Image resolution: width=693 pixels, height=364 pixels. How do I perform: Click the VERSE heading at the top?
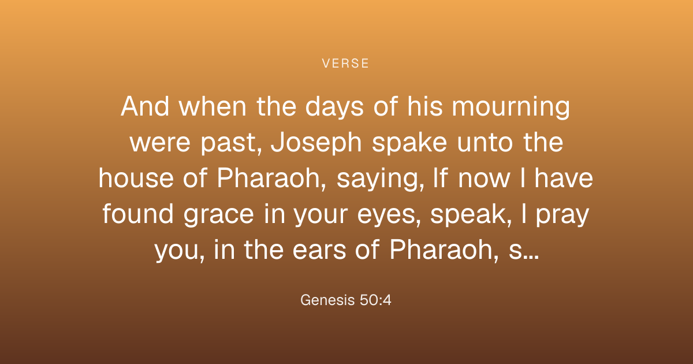click(345, 64)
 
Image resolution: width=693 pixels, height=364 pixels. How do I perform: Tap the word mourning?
click(511, 107)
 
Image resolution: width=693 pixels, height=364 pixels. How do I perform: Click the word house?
click(136, 178)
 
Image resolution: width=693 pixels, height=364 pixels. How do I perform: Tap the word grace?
click(218, 215)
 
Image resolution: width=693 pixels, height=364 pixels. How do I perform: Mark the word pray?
click(562, 215)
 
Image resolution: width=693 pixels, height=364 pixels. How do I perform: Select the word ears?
click(319, 250)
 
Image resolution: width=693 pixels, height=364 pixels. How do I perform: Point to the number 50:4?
click(375, 300)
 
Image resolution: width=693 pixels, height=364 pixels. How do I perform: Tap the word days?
click(334, 107)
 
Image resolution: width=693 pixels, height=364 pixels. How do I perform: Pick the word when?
click(213, 106)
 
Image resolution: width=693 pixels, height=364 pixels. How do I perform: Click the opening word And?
click(145, 106)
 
